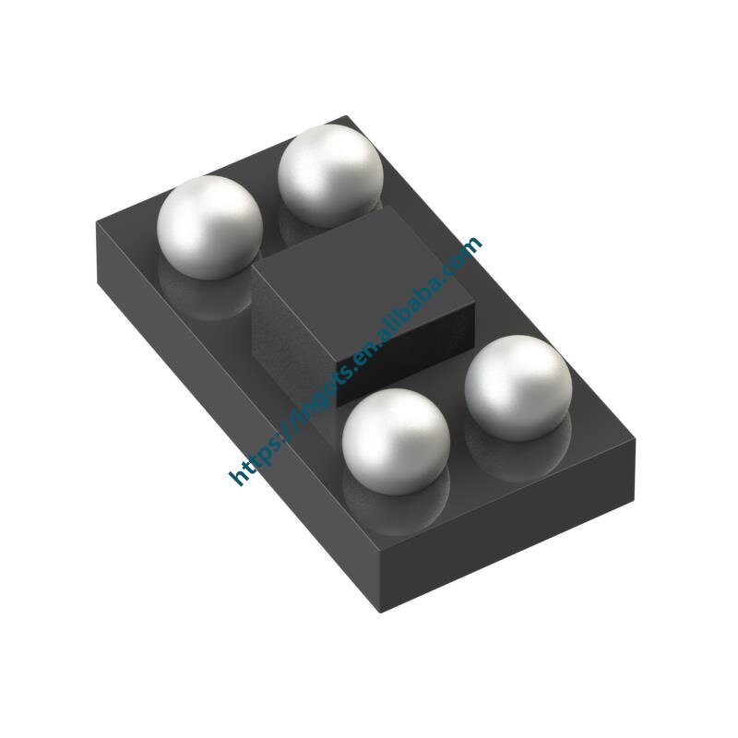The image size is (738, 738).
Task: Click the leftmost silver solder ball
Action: click(210, 226)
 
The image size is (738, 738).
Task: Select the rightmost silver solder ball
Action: click(518, 386)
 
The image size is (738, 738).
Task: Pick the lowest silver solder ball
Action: click(395, 438)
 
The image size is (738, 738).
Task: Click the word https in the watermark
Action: click(254, 460)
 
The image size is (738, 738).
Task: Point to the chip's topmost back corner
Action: click(348, 117)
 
